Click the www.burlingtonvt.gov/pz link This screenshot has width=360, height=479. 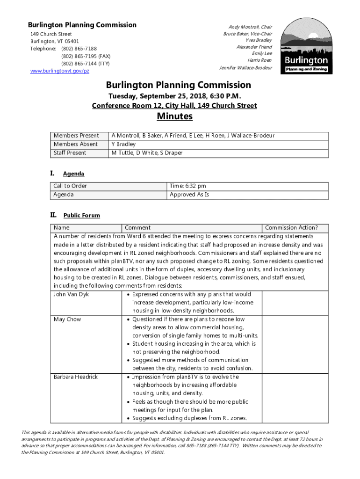click(x=60, y=71)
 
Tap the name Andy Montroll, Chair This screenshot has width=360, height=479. click(x=250, y=27)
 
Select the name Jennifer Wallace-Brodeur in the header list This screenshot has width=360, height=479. click(x=245, y=68)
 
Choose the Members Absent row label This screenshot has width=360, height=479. click(x=76, y=144)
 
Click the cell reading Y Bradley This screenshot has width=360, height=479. click(x=123, y=144)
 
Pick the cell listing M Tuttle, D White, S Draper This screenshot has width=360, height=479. click(x=146, y=153)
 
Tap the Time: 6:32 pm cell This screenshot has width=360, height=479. click(x=188, y=186)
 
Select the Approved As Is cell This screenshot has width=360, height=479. click(x=189, y=195)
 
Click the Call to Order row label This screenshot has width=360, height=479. click(x=70, y=186)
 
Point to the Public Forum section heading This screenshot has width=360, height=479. click(x=82, y=216)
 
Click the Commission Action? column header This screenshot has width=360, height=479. click(x=291, y=228)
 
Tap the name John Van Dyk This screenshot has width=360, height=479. click(x=71, y=295)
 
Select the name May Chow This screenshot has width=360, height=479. click(x=67, y=319)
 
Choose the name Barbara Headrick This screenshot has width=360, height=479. click(x=76, y=377)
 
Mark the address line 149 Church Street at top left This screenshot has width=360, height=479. click(x=51, y=35)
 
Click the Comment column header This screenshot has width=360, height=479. click(x=138, y=228)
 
